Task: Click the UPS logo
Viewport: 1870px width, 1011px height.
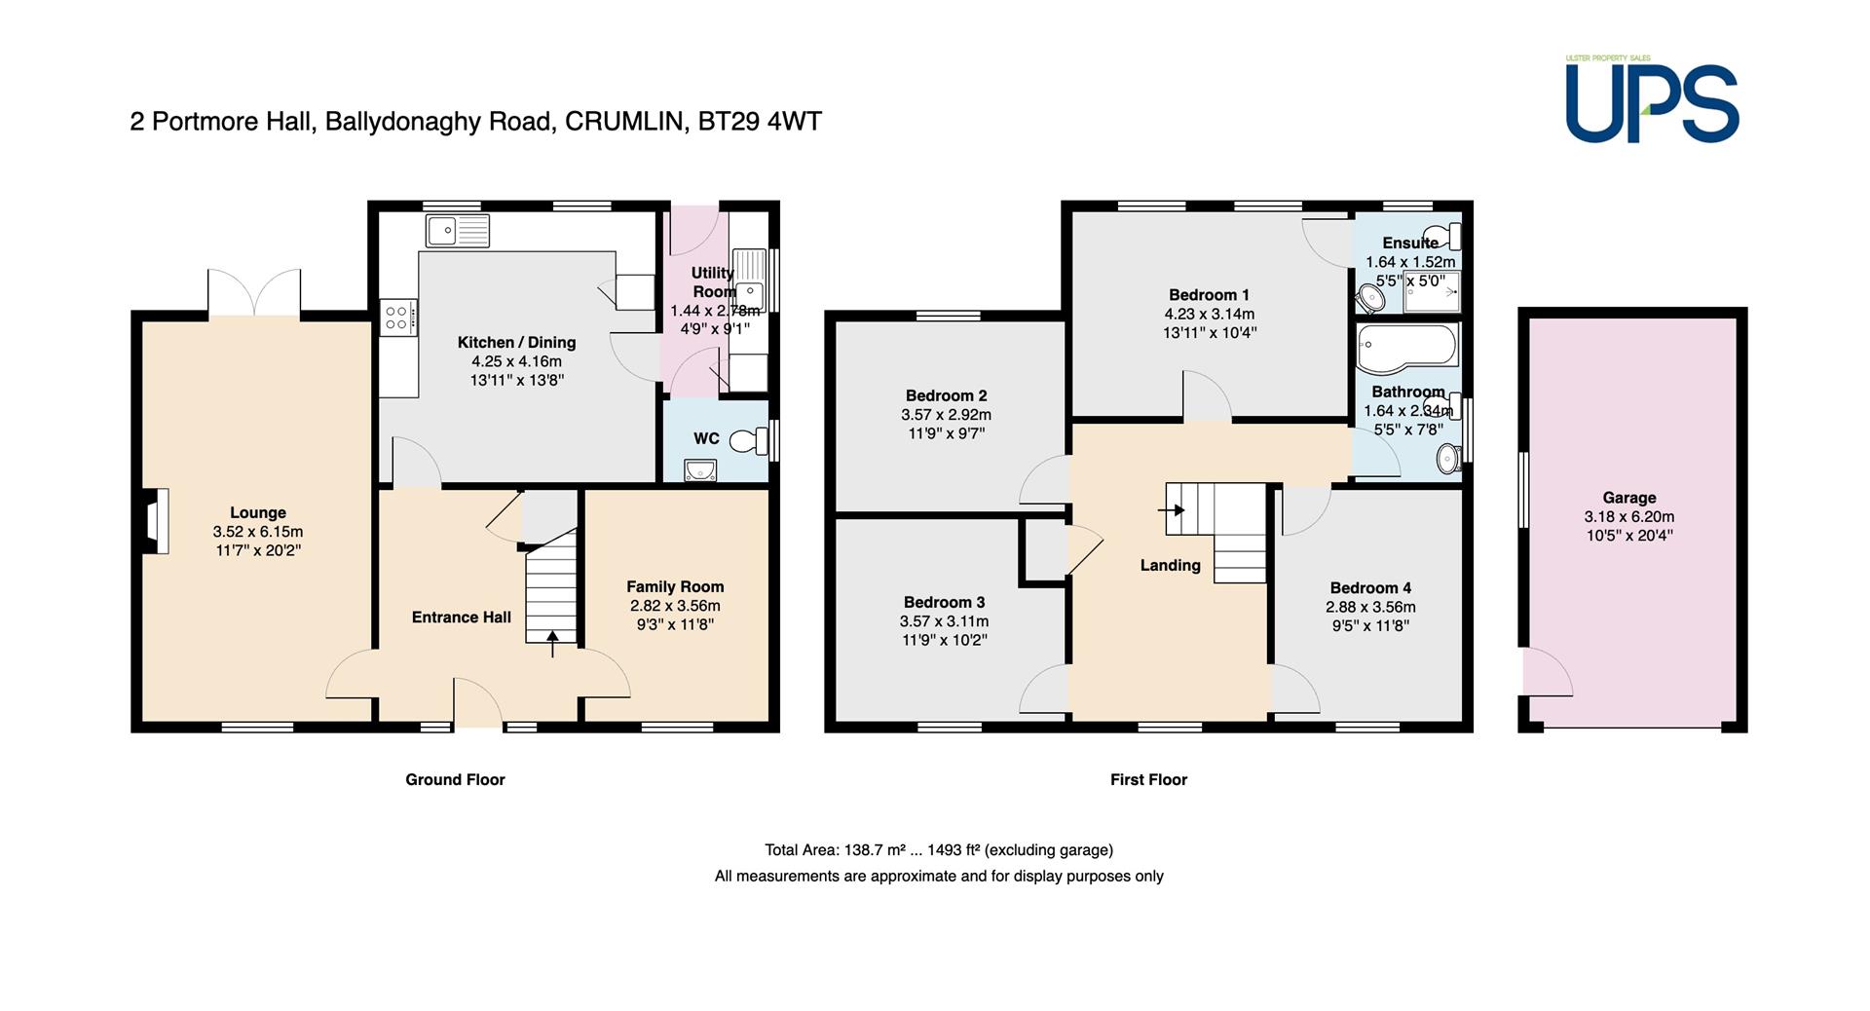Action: pos(1652,100)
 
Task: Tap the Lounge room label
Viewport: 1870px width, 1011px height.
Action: pos(258,513)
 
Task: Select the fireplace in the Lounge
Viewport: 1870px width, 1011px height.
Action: pos(156,521)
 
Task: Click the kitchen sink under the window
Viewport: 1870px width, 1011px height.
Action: pos(458,231)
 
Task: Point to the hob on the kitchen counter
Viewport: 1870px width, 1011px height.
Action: pos(397,317)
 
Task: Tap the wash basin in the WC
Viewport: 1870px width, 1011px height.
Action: pos(700,471)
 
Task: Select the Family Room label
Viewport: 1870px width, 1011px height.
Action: pos(675,587)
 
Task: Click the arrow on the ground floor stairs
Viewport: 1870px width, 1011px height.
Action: pos(553,644)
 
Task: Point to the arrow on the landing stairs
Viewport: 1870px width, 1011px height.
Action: pos(1171,509)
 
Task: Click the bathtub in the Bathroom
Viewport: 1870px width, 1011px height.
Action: pos(1407,346)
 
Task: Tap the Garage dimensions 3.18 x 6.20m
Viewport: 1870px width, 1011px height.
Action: pos(1629,517)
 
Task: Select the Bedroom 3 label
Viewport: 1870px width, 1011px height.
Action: pos(944,603)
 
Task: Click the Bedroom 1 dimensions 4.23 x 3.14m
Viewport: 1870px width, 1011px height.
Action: pos(1210,315)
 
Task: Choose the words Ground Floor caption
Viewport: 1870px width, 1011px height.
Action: pos(455,779)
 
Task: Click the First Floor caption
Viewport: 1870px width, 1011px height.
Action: pos(1148,779)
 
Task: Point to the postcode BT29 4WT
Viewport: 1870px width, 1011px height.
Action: pos(760,122)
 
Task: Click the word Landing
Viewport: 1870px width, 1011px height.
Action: pos(1171,566)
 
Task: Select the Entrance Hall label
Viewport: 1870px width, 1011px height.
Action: pos(462,618)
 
